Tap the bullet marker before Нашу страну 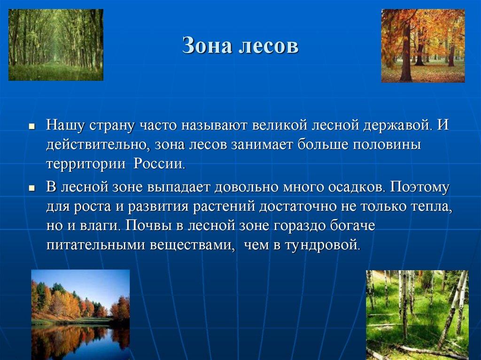pos(31,127)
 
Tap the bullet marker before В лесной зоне pos(31,187)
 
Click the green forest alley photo pos(56,45)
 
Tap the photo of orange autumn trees pos(423,46)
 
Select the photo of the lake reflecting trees pos(80,314)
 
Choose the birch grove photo pos(417,314)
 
